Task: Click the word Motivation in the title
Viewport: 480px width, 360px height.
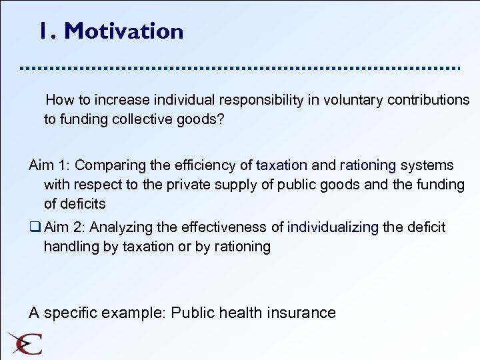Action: pyautogui.click(x=124, y=31)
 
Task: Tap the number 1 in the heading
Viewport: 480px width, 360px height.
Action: pyautogui.click(x=44, y=31)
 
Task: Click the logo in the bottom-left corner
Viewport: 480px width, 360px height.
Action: pyautogui.click(x=25, y=342)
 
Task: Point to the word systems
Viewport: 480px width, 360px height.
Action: pyautogui.click(x=427, y=165)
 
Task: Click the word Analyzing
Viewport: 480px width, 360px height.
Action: pyautogui.click(x=120, y=227)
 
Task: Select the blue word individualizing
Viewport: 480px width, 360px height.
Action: pyautogui.click(x=333, y=227)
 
